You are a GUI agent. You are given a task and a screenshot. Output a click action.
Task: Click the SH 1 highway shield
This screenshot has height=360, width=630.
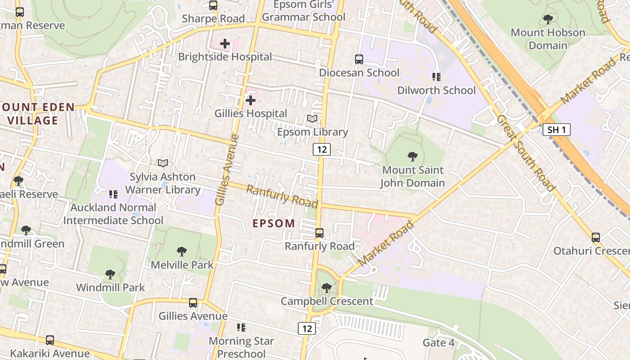pyautogui.click(x=557, y=130)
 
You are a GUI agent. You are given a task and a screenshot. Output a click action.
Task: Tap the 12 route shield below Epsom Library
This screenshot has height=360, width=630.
pyautogui.click(x=322, y=149)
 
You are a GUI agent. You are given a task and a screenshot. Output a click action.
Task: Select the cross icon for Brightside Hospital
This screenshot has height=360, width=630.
pyautogui.click(x=225, y=44)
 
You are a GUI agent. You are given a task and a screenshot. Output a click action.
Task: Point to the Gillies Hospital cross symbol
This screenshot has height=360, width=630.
pyautogui.click(x=251, y=100)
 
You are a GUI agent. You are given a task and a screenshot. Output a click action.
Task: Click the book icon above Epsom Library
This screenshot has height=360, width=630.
pyautogui.click(x=312, y=119)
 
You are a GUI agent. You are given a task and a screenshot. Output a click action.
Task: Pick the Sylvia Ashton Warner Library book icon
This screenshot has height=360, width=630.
pyautogui.click(x=163, y=163)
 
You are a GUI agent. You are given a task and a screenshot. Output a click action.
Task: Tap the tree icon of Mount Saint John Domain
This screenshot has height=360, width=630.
pyautogui.click(x=412, y=157)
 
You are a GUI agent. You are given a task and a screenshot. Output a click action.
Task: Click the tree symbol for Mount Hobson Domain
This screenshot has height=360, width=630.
pyautogui.click(x=548, y=19)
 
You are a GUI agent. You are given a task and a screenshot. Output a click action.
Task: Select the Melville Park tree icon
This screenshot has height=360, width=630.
pyautogui.click(x=182, y=251)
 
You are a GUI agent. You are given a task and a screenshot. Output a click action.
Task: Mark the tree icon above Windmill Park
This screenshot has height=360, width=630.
pyautogui.click(x=110, y=274)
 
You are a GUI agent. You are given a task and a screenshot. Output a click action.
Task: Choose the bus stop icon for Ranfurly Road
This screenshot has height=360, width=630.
pyautogui.click(x=319, y=233)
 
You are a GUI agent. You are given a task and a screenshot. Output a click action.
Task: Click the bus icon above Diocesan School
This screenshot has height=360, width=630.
pyautogui.click(x=359, y=59)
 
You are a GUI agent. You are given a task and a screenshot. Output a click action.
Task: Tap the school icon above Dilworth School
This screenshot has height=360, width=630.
pyautogui.click(x=436, y=77)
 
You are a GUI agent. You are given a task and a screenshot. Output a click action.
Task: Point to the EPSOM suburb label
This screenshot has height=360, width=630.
pyautogui.click(x=274, y=223)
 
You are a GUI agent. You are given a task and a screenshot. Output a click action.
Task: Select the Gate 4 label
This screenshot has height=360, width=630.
pyautogui.click(x=438, y=343)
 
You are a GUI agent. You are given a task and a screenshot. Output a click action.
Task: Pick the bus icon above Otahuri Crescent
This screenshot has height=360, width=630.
pyautogui.click(x=596, y=237)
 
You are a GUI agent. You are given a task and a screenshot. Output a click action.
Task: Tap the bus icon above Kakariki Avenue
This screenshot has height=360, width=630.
pyautogui.click(x=50, y=340)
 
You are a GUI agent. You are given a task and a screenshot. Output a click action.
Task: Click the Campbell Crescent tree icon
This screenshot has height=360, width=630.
pyautogui.click(x=327, y=288)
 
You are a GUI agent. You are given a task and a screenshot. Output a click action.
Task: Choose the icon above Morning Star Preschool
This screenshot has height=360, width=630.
pyautogui.click(x=241, y=328)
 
